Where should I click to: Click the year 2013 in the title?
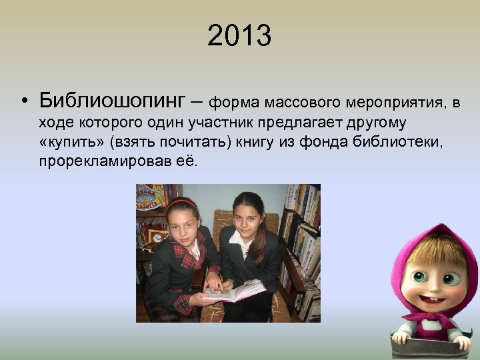(x=239, y=36)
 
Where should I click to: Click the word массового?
(x=304, y=103)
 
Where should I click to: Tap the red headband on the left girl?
(x=180, y=203)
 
